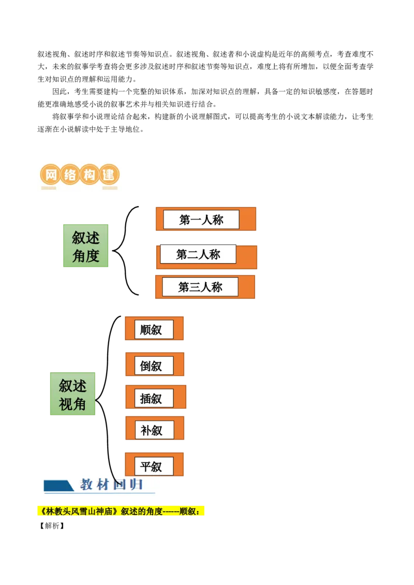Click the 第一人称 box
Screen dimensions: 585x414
pos(201,220)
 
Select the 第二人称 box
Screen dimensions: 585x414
pos(198,254)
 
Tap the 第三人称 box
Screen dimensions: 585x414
pos(200,287)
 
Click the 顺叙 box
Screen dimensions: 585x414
pos(154,329)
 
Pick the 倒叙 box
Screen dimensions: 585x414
pos(154,366)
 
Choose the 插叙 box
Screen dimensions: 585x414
pos(154,398)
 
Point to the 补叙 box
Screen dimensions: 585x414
pos(154,430)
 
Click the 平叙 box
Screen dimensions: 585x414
pos(154,467)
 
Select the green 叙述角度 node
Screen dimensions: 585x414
pos(86,246)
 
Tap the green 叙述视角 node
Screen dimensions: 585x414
pos(73,394)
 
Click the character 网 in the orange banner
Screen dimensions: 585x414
pos(51,175)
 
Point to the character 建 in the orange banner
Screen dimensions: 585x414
pos(108,175)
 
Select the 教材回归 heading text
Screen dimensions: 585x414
pos(111,485)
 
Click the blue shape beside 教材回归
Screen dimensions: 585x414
pos(58,486)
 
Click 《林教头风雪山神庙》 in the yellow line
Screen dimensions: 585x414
pos(78,512)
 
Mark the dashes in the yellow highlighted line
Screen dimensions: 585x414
pos(170,512)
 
